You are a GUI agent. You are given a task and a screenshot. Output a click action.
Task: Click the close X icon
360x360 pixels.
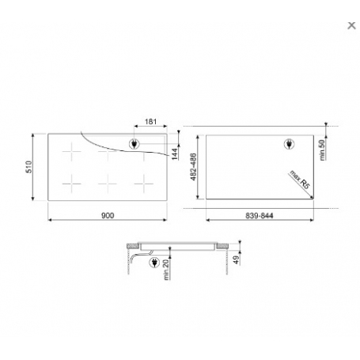click(x=351, y=25)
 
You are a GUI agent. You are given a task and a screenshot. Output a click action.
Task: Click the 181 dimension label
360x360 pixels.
click(x=150, y=123)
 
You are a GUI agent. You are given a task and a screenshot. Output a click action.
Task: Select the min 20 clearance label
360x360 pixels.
click(x=165, y=270)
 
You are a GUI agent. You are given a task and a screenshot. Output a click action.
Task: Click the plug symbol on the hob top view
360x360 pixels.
click(x=135, y=144)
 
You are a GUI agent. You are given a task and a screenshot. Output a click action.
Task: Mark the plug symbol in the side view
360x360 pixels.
click(x=152, y=262)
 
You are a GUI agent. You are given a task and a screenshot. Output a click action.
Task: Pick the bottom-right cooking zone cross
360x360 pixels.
click(x=142, y=183)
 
